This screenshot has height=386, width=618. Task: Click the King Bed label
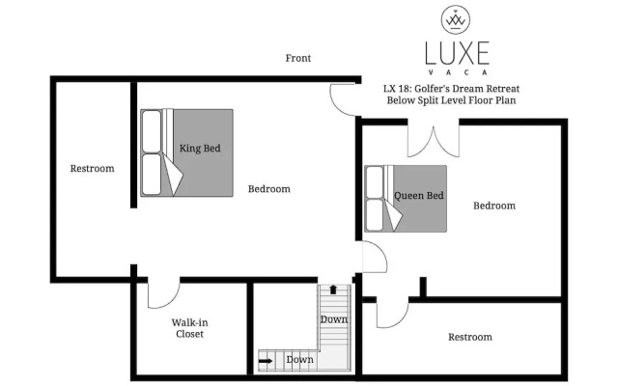[x=200, y=149]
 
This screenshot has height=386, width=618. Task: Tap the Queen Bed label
[x=419, y=195]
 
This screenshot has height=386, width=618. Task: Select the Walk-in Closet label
[x=189, y=328]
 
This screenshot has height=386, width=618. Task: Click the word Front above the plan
[x=298, y=58]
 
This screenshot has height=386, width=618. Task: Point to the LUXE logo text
[x=457, y=53]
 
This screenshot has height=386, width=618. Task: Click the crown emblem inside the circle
[x=456, y=19]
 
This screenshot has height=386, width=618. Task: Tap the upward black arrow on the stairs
[x=333, y=289]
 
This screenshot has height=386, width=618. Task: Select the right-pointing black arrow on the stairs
[x=267, y=360]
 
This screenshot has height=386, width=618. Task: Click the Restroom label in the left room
[x=93, y=169]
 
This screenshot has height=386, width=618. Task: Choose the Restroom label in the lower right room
[x=470, y=337]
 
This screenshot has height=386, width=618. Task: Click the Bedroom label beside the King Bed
[x=269, y=189]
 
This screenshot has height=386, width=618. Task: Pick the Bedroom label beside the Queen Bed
[x=494, y=206]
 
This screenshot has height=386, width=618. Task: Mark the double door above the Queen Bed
[x=434, y=142]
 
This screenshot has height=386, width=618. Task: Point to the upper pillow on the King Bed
[x=152, y=131]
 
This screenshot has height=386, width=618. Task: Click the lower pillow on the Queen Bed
[x=375, y=214]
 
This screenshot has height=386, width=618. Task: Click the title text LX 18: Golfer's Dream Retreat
[x=451, y=89]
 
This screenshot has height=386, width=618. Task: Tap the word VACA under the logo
[x=457, y=72]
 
